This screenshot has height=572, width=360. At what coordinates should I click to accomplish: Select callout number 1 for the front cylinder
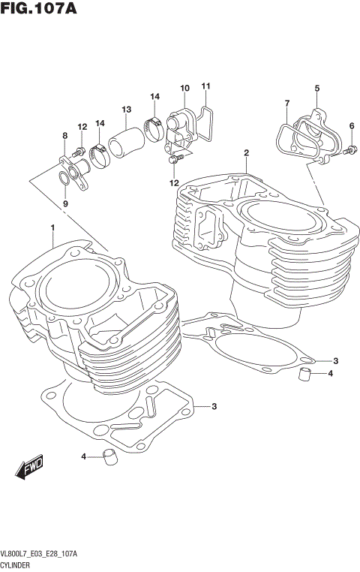pos(53,227)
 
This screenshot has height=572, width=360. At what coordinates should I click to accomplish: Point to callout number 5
pos(316,89)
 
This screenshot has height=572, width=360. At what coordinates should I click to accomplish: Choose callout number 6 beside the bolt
pos(351,125)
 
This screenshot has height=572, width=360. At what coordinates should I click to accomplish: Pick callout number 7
pos(286,102)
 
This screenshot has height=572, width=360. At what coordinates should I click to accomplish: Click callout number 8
pos(65,135)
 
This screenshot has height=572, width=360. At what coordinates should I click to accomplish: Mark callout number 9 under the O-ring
pos(65,203)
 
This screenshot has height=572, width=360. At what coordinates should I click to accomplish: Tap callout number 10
pos(184,89)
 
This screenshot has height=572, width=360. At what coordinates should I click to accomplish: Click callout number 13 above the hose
pos(127,110)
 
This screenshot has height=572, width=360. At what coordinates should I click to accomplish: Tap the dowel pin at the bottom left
pos(110,456)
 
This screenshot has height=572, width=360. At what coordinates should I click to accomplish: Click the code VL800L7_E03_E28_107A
pos(43,552)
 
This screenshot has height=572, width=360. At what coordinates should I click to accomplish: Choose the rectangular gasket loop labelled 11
pos(206,124)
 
